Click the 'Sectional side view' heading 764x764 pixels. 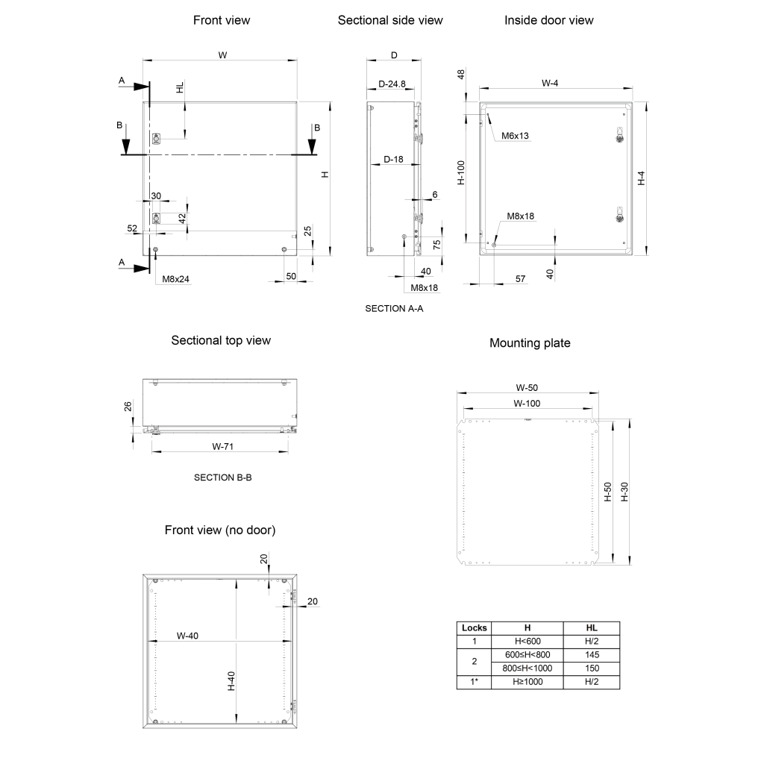[389, 20]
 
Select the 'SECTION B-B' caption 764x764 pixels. [222, 477]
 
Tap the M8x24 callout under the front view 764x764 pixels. [175, 279]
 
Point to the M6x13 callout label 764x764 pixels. [515, 136]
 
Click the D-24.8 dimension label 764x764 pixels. [392, 84]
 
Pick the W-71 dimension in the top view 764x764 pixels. [222, 446]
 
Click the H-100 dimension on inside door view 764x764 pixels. [461, 172]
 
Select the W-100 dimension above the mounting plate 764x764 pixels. [527, 404]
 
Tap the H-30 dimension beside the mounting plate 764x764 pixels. [624, 492]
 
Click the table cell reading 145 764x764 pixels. [592, 655]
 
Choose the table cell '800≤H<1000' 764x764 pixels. [527, 668]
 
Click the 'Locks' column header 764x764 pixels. [474, 628]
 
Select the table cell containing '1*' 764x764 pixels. [474, 682]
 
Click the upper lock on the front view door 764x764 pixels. [157, 139]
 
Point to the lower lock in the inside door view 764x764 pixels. [620, 215]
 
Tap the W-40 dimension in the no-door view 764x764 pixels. [187, 636]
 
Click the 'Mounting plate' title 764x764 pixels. [530, 343]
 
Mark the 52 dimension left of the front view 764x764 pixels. [132, 228]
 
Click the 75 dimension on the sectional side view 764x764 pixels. [436, 245]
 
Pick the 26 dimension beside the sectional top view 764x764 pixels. [128, 407]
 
